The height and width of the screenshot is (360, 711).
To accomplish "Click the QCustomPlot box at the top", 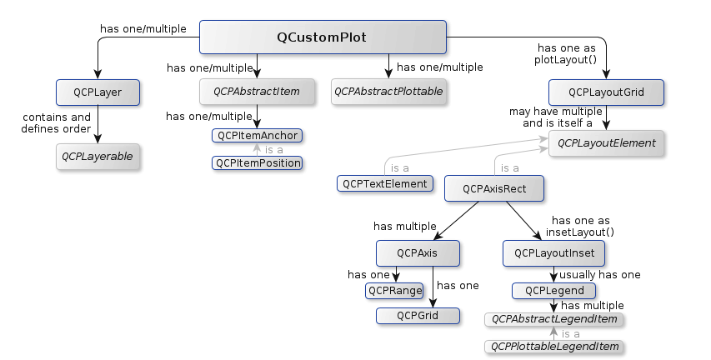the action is point(323,37).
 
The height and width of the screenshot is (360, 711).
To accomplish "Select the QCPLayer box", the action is point(98,92).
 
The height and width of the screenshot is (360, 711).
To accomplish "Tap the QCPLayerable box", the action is point(98,157).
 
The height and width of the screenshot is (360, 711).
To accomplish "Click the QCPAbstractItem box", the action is point(257,92).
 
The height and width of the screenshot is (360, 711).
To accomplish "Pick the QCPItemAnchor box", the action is point(257,136).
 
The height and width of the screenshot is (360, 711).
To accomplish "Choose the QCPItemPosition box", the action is point(257,163).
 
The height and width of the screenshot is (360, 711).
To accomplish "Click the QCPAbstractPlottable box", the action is point(388,92).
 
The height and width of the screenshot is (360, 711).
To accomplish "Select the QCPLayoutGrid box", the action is point(606,92).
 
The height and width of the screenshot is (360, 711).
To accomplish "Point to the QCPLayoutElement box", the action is point(606,143).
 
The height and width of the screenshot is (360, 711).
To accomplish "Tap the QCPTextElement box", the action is point(385,183).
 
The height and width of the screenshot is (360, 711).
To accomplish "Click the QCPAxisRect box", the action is point(494,188).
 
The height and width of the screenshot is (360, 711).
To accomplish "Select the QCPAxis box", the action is point(418,253).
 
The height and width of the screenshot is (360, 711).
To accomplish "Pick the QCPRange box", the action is point(394,291).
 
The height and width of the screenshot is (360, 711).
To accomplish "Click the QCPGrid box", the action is point(418,316).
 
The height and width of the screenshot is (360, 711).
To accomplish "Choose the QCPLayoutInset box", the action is point(553,253).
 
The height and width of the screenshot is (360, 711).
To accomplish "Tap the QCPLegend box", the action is point(553,291).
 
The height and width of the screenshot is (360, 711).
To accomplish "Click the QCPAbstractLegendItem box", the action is point(553,319).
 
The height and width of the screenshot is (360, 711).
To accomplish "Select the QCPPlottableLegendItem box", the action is point(553,347).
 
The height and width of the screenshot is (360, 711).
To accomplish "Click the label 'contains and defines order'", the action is point(56,123).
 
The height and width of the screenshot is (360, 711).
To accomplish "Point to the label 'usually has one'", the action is point(600,275).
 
